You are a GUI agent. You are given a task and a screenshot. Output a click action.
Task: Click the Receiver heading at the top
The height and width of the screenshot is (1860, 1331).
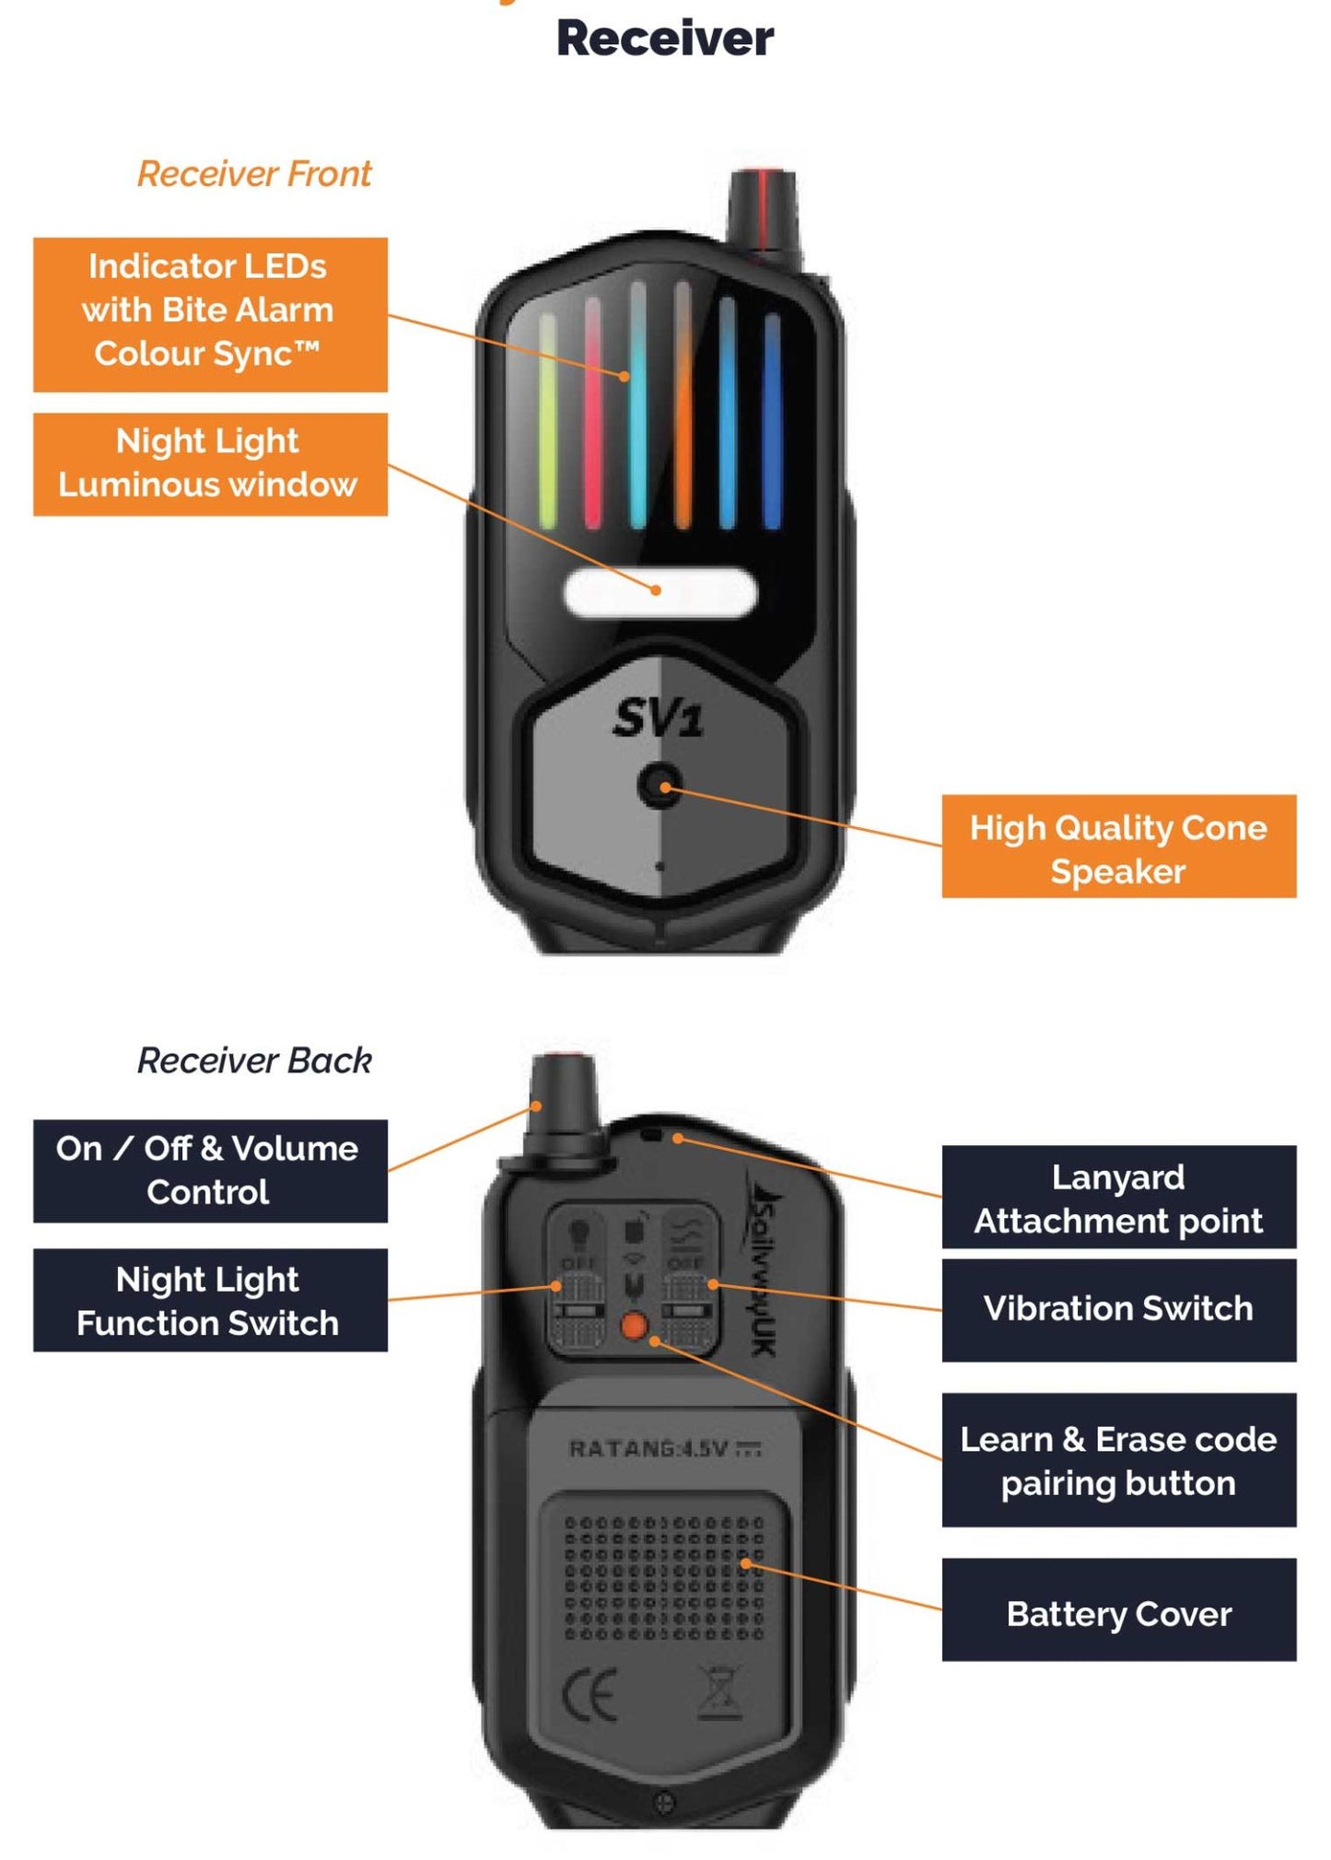(665, 39)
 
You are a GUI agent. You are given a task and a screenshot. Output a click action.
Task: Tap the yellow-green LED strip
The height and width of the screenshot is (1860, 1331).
(547, 420)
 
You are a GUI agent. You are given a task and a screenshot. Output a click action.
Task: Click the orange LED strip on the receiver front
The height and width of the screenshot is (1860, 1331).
(683, 405)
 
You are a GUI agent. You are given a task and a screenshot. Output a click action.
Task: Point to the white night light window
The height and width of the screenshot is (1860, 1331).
(660, 592)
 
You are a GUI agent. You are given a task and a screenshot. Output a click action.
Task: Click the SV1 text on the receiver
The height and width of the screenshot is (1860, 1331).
(658, 718)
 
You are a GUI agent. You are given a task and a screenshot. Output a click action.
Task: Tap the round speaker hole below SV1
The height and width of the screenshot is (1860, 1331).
(660, 786)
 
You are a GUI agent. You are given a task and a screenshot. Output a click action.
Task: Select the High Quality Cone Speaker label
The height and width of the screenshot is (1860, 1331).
(1118, 847)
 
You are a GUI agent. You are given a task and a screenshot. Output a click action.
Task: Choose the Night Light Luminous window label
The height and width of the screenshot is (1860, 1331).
(210, 463)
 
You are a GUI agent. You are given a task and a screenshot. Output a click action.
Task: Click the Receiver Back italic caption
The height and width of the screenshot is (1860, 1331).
(254, 1060)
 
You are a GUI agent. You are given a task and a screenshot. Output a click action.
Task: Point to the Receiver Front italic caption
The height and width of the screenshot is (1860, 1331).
(254, 174)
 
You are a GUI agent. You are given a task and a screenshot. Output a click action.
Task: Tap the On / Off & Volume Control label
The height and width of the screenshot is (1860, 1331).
(210, 1170)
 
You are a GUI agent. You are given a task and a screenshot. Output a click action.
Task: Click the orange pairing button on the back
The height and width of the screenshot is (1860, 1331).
(634, 1326)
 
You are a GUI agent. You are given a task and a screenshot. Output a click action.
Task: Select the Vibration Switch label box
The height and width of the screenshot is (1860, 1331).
(1118, 1309)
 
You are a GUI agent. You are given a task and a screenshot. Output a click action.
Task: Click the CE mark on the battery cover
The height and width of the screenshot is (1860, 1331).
(589, 1695)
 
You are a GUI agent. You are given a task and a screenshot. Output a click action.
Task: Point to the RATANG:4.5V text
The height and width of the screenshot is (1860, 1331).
(663, 1449)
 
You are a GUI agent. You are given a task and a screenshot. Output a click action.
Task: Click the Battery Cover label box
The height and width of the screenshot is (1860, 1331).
(1118, 1614)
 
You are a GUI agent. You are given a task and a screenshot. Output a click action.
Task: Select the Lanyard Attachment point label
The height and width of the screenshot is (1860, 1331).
(1118, 1198)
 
